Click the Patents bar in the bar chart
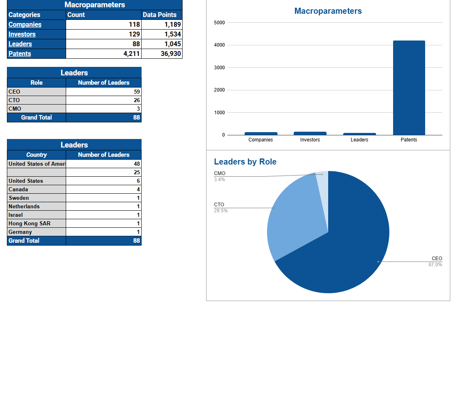point(409,88)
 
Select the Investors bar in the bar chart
point(310,133)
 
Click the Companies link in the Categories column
point(25,24)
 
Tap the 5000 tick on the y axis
point(219,23)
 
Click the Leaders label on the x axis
point(359,140)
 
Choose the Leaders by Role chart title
point(245,162)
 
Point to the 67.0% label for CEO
point(435,265)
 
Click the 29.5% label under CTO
point(221,211)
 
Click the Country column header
point(37,155)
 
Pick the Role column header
point(37,83)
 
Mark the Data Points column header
point(159,15)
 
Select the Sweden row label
point(19,198)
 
